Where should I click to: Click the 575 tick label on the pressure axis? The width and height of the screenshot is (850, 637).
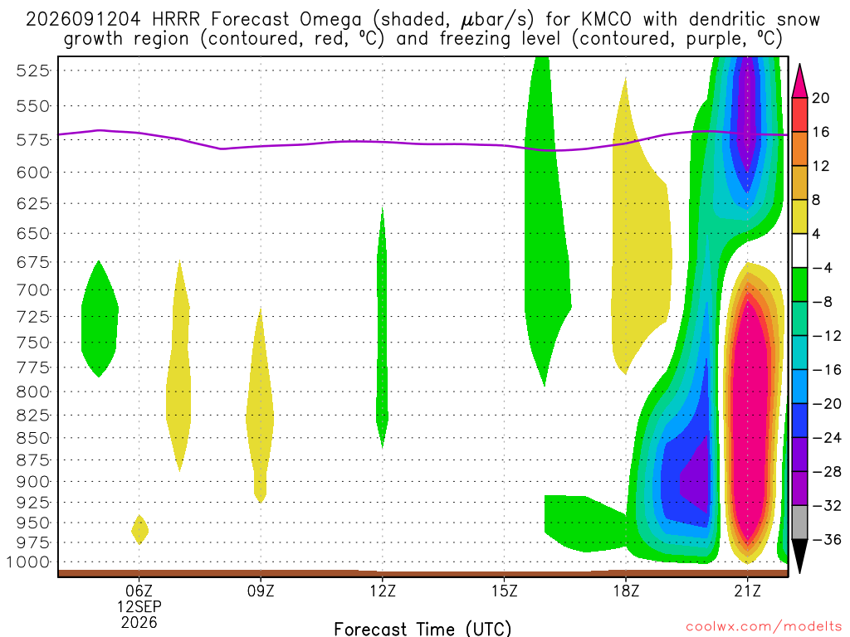(x=32, y=139)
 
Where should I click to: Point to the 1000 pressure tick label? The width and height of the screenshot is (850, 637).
(x=28, y=562)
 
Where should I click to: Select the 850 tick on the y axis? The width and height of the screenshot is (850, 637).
(x=32, y=438)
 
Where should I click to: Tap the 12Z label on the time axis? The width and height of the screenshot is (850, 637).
(x=383, y=591)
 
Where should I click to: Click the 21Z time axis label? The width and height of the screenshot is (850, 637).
(x=748, y=591)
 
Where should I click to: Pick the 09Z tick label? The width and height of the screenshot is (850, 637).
(x=261, y=591)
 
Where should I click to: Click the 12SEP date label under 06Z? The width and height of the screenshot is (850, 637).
(x=139, y=606)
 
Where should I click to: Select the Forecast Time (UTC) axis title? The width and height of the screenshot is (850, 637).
(x=423, y=629)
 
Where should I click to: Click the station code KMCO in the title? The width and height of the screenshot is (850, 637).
(x=606, y=20)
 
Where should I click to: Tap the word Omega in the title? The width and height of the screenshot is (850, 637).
(x=330, y=21)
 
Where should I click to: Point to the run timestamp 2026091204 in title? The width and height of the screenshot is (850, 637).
(x=83, y=20)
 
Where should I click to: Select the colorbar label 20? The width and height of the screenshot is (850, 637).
(x=820, y=98)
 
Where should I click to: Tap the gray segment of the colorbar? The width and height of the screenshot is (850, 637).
(x=799, y=523)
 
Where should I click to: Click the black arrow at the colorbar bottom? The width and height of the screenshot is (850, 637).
(x=799, y=553)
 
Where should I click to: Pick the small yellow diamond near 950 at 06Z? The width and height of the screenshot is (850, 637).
(x=139, y=530)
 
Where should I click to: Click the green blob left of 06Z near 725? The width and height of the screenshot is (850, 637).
(x=100, y=318)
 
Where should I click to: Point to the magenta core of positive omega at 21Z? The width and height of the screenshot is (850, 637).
(x=750, y=422)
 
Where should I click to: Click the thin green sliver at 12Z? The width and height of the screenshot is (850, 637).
(x=382, y=328)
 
